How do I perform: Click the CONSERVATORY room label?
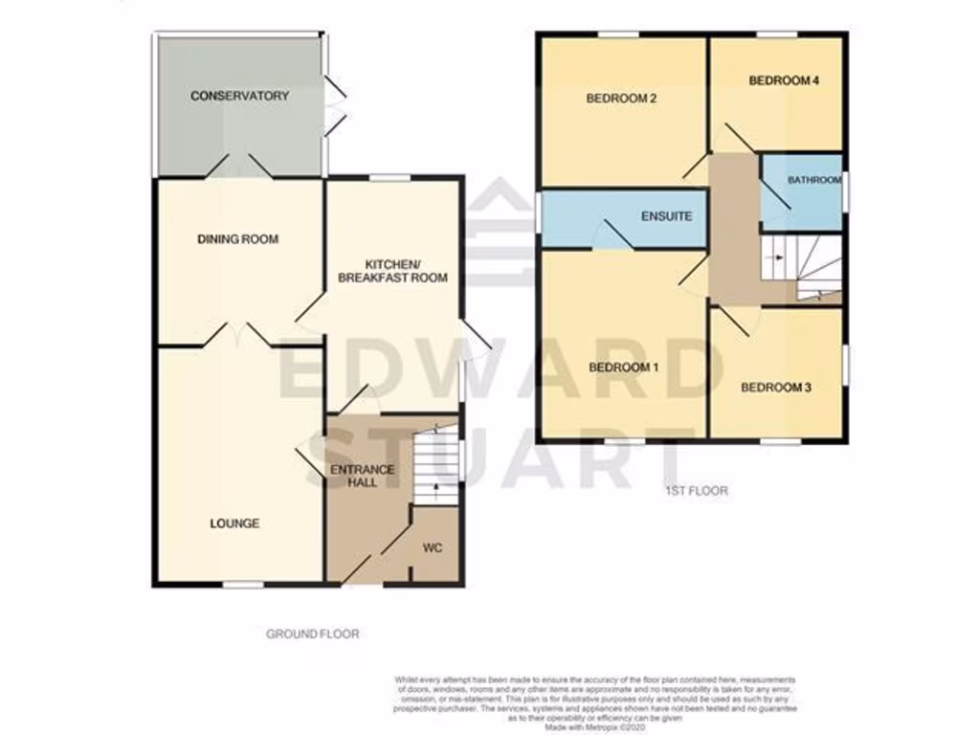[238, 96]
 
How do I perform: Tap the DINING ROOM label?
[238, 238]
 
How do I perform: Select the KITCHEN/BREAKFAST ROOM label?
[393, 270]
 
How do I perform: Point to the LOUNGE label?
[234, 523]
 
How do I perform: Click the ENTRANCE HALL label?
[362, 476]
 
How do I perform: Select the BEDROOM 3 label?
[776, 388]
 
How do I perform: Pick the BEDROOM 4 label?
[784, 81]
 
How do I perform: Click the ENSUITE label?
[666, 216]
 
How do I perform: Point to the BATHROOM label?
[814, 180]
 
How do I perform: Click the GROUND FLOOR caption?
[313, 634]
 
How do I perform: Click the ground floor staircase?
[435, 464]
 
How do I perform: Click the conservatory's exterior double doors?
[333, 105]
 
